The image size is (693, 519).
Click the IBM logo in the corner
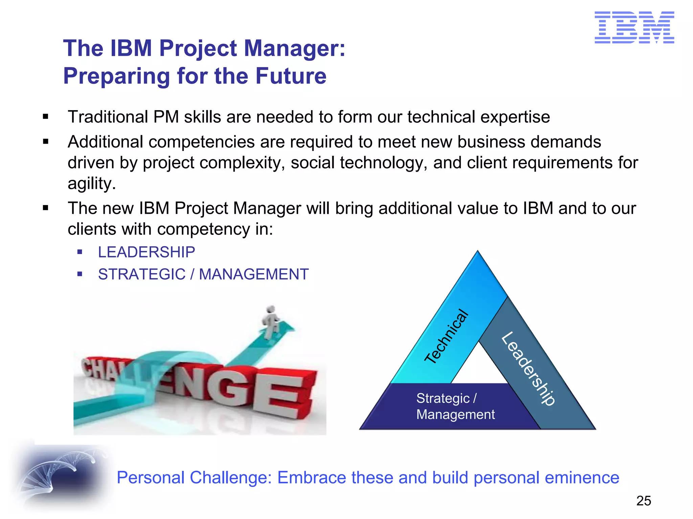click(634, 27)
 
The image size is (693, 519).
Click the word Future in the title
click(291, 76)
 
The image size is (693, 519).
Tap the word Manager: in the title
click(294, 48)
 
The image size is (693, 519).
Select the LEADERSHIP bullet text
click(147, 252)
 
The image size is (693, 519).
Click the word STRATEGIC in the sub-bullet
click(142, 274)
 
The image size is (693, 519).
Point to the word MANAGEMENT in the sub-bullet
click(254, 274)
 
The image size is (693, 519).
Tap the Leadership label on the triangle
click(528, 368)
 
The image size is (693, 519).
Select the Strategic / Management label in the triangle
click(455, 406)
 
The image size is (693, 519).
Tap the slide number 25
click(643, 501)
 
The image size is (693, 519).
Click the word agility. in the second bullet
click(92, 184)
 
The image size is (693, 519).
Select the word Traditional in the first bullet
click(108, 117)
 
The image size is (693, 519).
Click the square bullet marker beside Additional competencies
click(46, 142)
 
